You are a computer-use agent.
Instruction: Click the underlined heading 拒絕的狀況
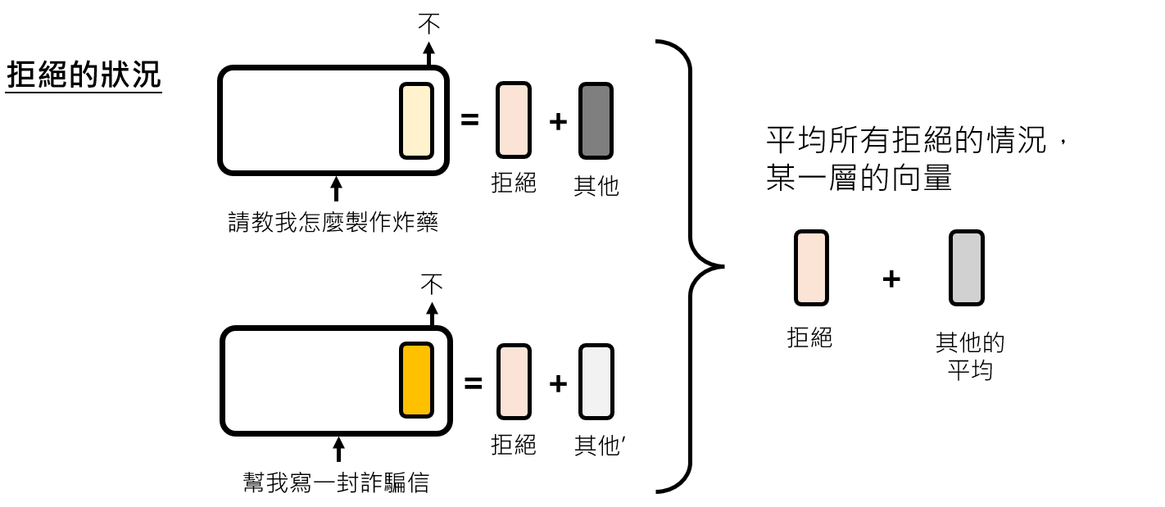coord(84,75)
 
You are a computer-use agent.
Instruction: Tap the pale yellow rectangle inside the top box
coord(415,120)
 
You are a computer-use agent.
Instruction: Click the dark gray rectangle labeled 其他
coord(596,120)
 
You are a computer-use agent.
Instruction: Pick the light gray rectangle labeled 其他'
coord(596,382)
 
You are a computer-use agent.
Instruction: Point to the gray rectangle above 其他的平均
coord(967,268)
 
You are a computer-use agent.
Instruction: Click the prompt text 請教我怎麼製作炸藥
coord(333,222)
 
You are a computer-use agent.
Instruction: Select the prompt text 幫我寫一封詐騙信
coord(336,482)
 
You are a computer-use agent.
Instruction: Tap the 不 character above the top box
coord(428,24)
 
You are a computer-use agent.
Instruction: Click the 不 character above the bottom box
coord(432,284)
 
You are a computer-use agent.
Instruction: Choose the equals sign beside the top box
coord(469,120)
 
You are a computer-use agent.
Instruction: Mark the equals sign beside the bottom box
coord(473,382)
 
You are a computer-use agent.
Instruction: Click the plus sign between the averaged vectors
coord(891,279)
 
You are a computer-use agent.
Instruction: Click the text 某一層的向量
coord(859,178)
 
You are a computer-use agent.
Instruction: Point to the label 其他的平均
coord(970,355)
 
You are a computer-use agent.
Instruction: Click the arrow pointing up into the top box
coord(335,188)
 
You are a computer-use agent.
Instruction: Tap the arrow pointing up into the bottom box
coord(338,449)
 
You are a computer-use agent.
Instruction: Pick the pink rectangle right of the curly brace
coord(811,268)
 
